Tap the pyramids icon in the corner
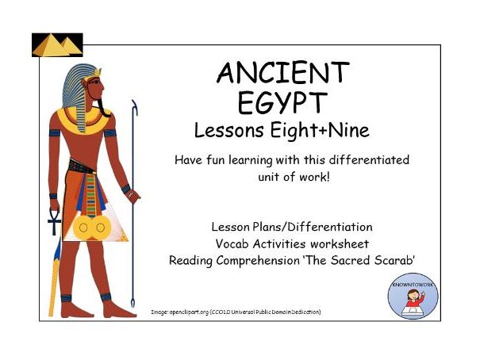(57, 44)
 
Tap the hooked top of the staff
(134, 107)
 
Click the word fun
(216, 160)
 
